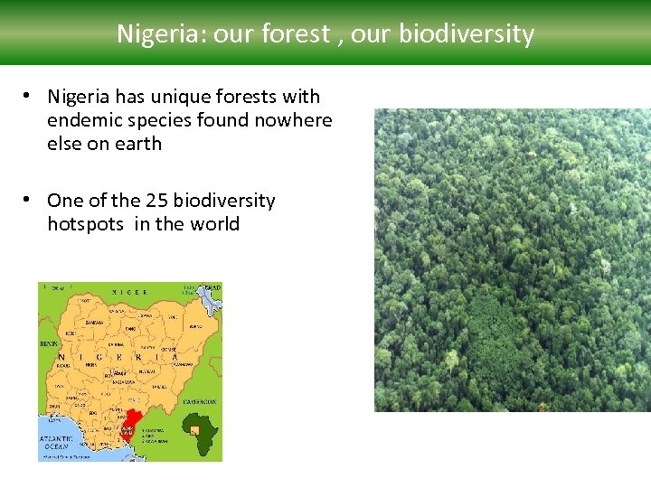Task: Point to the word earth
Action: coord(137,144)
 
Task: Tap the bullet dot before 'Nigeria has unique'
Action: coord(30,96)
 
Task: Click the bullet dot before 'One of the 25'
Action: coord(30,200)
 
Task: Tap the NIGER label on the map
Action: coord(129,292)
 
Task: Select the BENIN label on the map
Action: coord(48,344)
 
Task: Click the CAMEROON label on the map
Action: coord(200,400)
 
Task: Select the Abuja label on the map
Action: coord(118,371)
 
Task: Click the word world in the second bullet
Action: coord(213,224)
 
